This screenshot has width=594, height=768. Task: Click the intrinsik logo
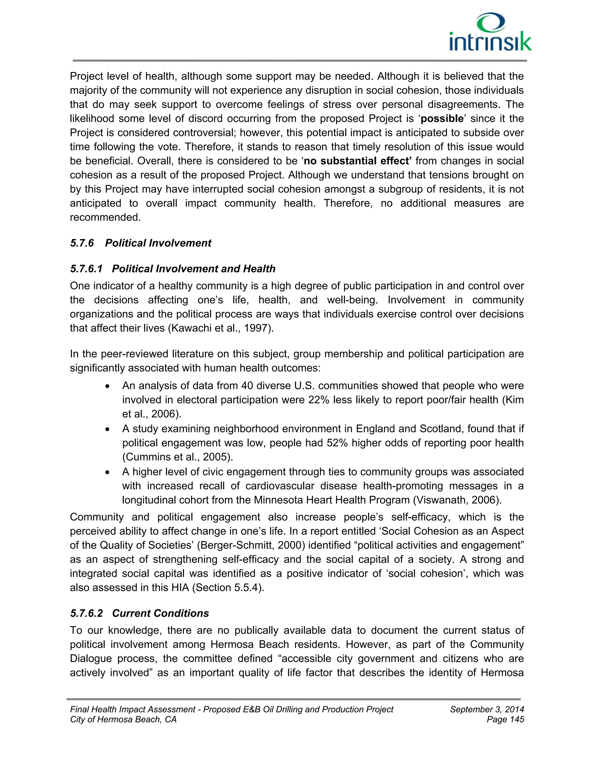[x=490, y=32]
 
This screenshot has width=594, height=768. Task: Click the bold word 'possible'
[x=442, y=119]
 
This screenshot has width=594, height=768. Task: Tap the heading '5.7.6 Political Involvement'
[x=141, y=243]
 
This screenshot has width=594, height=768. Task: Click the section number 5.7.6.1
[x=86, y=269]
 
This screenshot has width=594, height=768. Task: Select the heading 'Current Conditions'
[x=160, y=613]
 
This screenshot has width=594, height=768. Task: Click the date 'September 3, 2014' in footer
[x=487, y=709]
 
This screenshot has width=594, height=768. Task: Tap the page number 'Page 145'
[x=505, y=720]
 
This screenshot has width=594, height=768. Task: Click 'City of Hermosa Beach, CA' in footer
[x=123, y=720]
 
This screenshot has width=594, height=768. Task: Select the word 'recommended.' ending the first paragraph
[x=105, y=217]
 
